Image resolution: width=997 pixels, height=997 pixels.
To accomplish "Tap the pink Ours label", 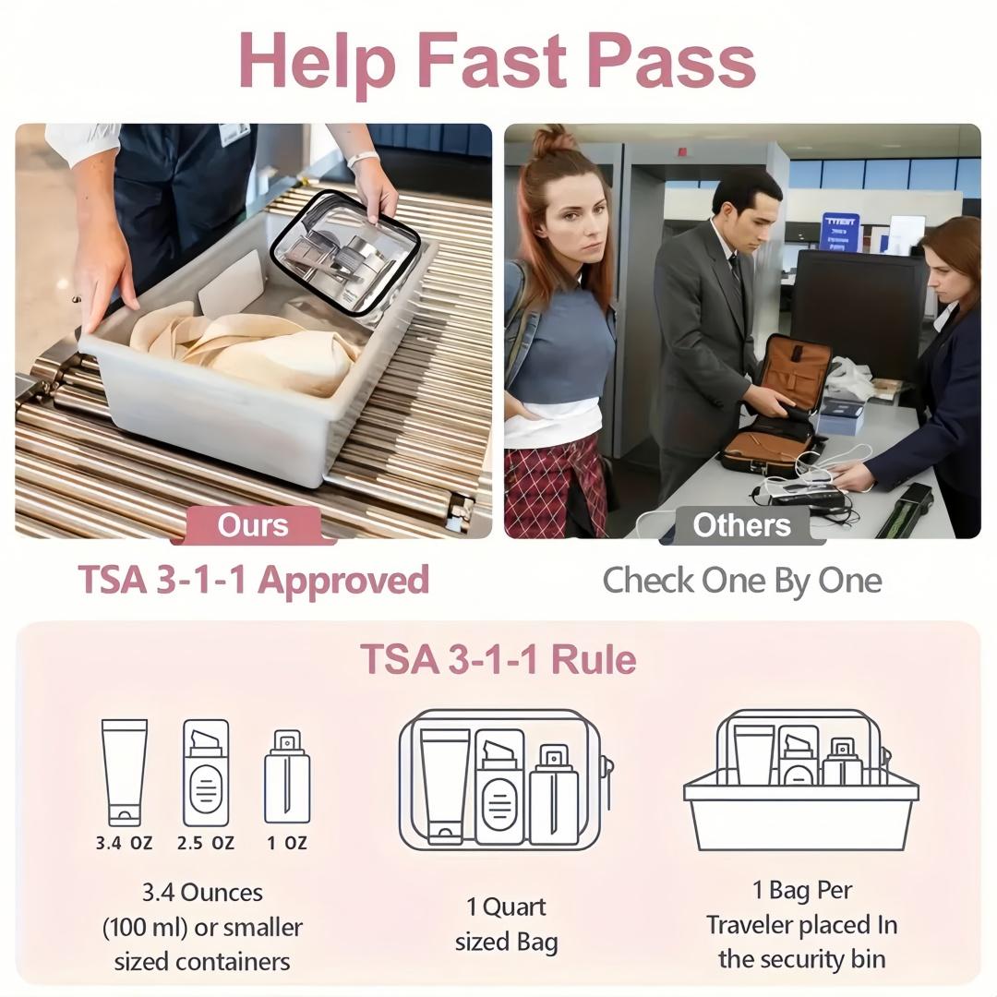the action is tap(253, 526).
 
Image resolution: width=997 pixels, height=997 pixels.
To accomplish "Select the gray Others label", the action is tap(742, 526).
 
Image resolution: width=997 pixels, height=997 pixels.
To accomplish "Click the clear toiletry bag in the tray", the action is tap(346, 252).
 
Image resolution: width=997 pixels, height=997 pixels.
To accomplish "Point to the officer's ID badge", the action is tap(234, 133).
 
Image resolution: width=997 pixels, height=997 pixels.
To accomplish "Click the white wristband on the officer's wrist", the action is tap(363, 159).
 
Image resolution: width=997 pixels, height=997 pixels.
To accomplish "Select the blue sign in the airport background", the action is tap(839, 233).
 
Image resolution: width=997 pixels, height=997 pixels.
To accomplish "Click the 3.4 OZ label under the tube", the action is tap(124, 843).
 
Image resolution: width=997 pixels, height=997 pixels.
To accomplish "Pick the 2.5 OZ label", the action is tap(205, 843).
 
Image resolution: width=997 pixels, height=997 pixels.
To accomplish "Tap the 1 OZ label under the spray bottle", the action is tap(287, 843).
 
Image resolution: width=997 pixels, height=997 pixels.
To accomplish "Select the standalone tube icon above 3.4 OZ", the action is tap(125, 772).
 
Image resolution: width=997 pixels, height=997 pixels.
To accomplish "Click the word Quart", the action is tap(514, 908).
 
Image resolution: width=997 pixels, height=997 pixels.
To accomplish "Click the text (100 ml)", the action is tap(144, 928).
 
